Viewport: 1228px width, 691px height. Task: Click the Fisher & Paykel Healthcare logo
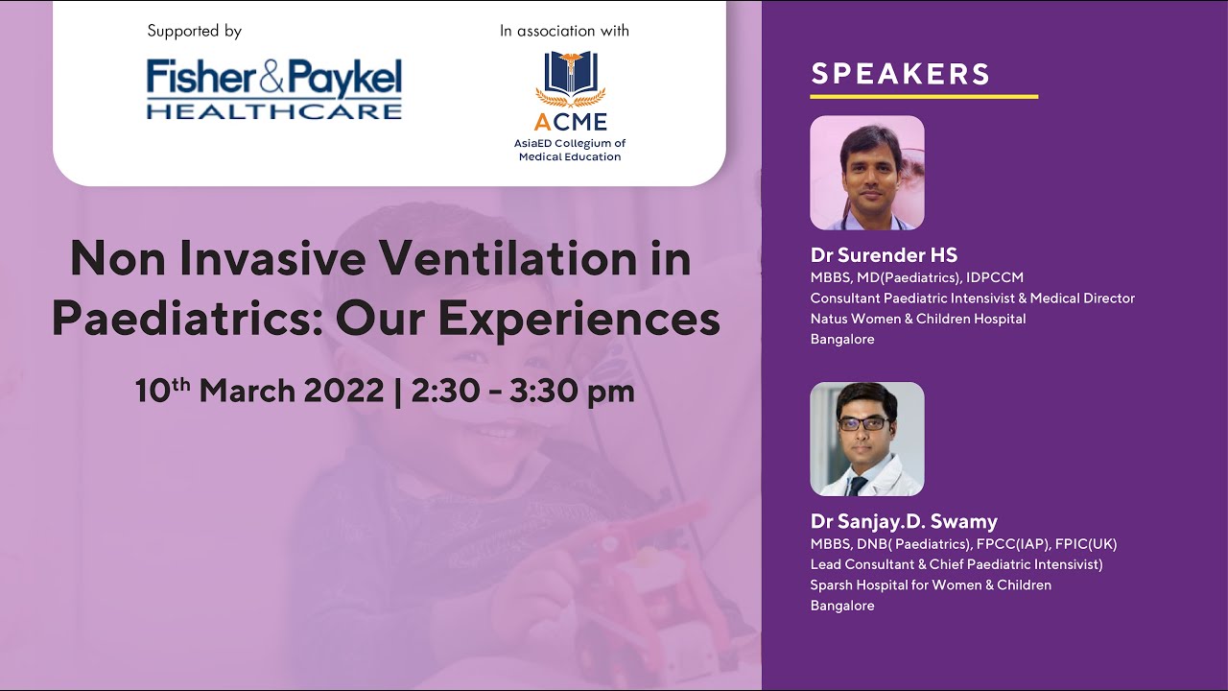pos(274,89)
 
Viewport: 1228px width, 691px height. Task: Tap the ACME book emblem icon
pos(570,77)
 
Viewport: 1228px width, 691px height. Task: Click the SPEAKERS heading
pos(901,74)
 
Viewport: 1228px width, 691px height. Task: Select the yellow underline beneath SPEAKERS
pos(924,96)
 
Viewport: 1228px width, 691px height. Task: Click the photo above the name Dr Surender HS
pos(867,173)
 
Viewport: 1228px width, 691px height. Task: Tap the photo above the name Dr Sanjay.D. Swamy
pos(867,439)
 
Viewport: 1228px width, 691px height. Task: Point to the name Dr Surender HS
pos(884,255)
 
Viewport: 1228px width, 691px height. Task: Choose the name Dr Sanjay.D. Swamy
pos(904,522)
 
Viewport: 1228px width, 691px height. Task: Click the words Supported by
pos(194,31)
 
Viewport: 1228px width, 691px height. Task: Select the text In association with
pos(564,31)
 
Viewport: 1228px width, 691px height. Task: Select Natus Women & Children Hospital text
pos(918,319)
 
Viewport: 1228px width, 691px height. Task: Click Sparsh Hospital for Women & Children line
pos(931,584)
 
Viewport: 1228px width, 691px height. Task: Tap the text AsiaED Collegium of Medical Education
pos(570,150)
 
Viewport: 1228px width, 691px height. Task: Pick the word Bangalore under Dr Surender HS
pos(842,339)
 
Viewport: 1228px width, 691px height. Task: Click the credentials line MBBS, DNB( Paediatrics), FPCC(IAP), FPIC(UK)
pos(963,544)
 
